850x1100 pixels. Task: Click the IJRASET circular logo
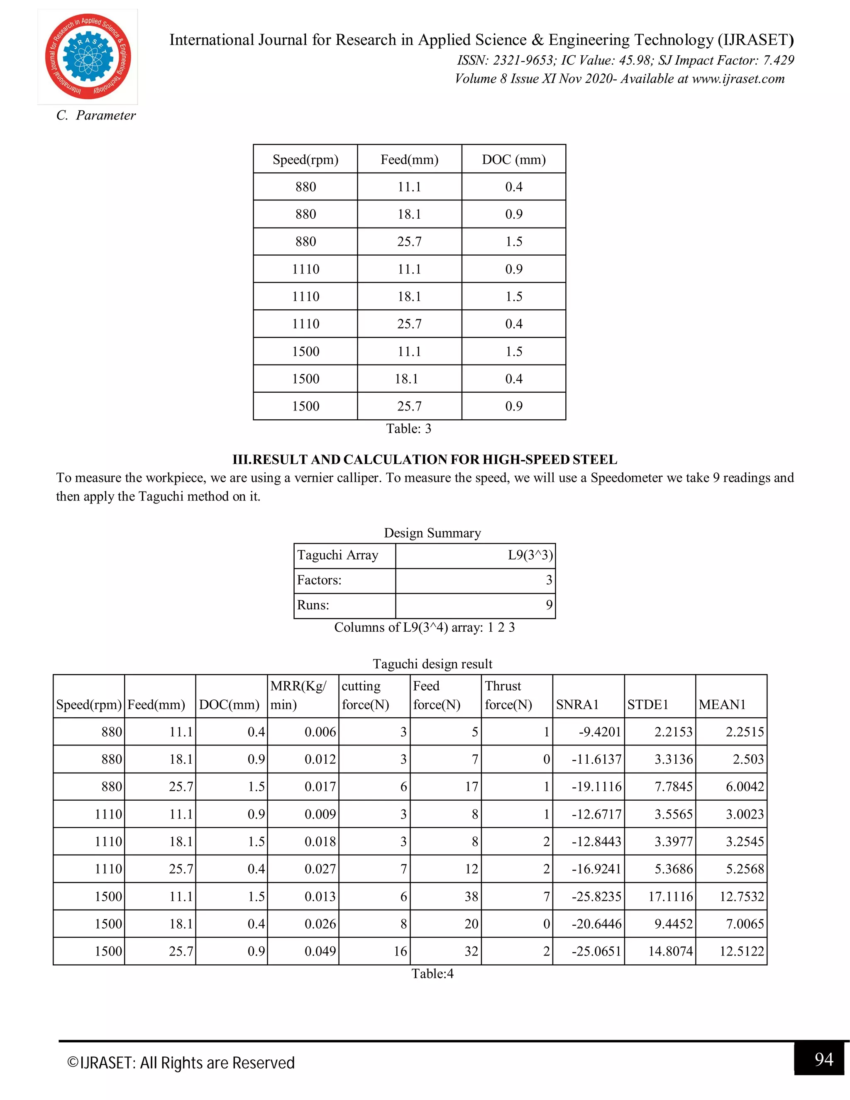pyautogui.click(x=88, y=56)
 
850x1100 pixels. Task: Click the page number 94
pyautogui.click(x=823, y=1059)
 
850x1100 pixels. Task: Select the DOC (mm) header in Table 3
pyautogui.click(x=514, y=160)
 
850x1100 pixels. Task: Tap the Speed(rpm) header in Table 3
pyautogui.click(x=305, y=160)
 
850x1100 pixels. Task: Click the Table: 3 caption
pyautogui.click(x=408, y=429)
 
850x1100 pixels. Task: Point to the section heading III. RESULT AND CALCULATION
pyautogui.click(x=425, y=460)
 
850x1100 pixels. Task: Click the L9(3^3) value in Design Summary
pyautogui.click(x=530, y=555)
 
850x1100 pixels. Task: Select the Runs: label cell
pyautogui.click(x=313, y=605)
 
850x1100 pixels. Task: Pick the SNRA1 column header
pyautogui.click(x=577, y=705)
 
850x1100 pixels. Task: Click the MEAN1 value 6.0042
pyautogui.click(x=744, y=787)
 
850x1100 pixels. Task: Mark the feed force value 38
pyautogui.click(x=471, y=897)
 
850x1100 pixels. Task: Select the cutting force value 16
pyautogui.click(x=401, y=951)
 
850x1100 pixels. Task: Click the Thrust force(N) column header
pyautogui.click(x=508, y=696)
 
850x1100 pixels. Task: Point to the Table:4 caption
pyautogui.click(x=432, y=973)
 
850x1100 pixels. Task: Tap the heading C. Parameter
pyautogui.click(x=96, y=115)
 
